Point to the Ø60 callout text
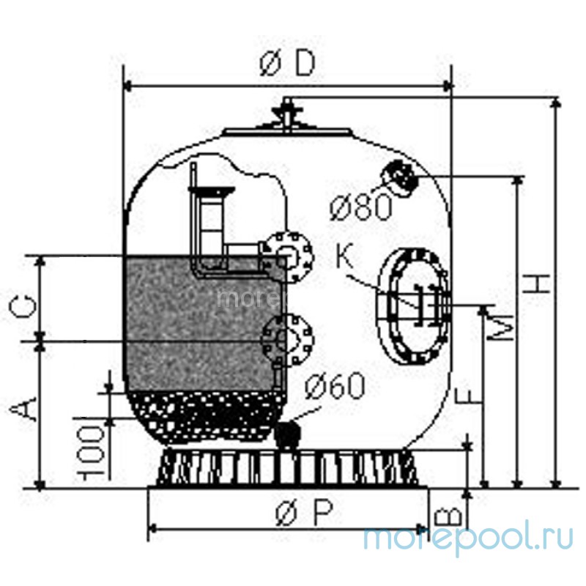334,385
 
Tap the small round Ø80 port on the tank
399,176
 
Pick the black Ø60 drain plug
289,434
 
